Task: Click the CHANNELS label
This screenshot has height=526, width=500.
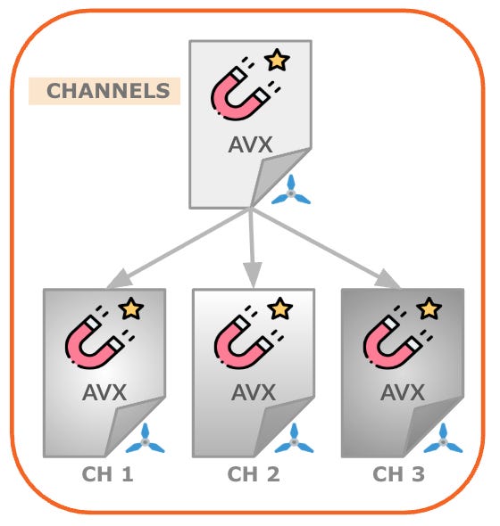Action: pyautogui.click(x=108, y=91)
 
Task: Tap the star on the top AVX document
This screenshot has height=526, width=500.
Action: pyautogui.click(x=277, y=60)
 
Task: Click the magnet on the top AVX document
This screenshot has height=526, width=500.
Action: pyautogui.click(x=246, y=89)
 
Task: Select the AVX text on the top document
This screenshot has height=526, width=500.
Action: pyautogui.click(x=250, y=144)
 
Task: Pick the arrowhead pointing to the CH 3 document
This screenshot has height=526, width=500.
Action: pyautogui.click(x=388, y=279)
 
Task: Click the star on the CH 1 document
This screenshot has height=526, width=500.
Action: pyautogui.click(x=131, y=308)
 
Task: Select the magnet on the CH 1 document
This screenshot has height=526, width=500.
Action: pyautogui.click(x=100, y=337)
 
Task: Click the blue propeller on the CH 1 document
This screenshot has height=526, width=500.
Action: pyautogui.click(x=146, y=440)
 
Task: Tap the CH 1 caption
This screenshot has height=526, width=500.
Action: pyautogui.click(x=107, y=474)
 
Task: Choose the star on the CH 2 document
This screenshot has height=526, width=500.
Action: pyautogui.click(x=280, y=308)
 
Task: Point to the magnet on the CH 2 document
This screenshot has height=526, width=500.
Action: pyautogui.click(x=249, y=337)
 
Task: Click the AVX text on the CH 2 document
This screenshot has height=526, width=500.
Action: pyautogui.click(x=254, y=392)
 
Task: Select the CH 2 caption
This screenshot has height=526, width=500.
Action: pyautogui.click(x=254, y=474)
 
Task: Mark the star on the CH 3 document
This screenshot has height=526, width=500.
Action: pyautogui.click(x=429, y=308)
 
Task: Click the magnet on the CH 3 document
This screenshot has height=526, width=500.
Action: pyautogui.click(x=398, y=337)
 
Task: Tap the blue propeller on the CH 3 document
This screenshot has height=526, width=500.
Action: pyautogui.click(x=443, y=440)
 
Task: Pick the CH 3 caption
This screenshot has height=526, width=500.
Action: pyautogui.click(x=399, y=474)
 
